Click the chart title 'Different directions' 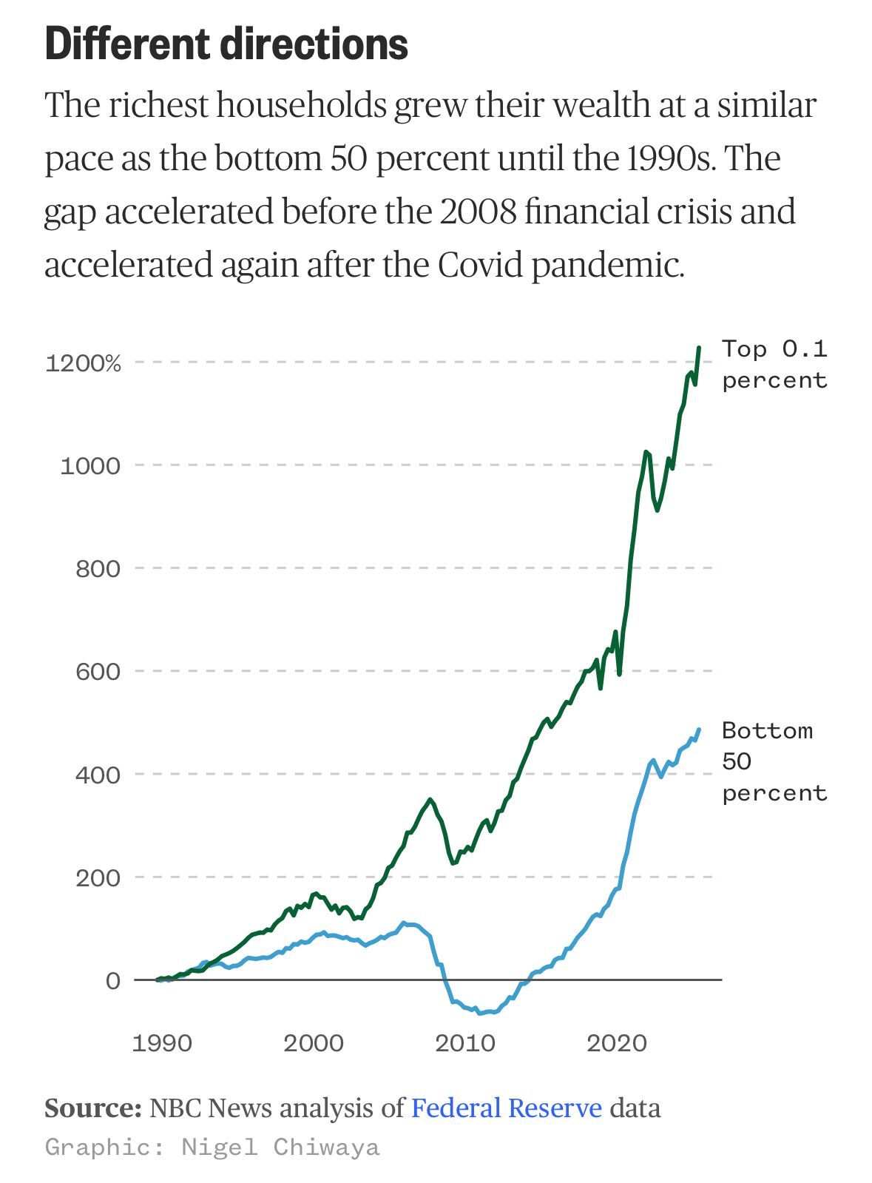[x=226, y=44]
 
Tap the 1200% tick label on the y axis [x=83, y=363]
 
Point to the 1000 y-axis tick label [x=89, y=466]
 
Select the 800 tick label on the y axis [x=98, y=569]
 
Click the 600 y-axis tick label [x=98, y=672]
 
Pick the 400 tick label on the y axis [x=98, y=775]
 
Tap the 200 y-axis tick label [x=98, y=877]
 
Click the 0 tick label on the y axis [x=112, y=981]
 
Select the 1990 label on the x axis [x=162, y=1044]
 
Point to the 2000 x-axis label [x=314, y=1044]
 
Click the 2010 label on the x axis [x=465, y=1044]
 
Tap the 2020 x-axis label [x=617, y=1044]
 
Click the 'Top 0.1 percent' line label [x=774, y=364]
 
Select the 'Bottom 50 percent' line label [x=774, y=762]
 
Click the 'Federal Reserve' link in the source [x=507, y=1108]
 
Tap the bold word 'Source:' [x=93, y=1108]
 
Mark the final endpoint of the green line [x=699, y=347]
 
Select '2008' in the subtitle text [x=477, y=212]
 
